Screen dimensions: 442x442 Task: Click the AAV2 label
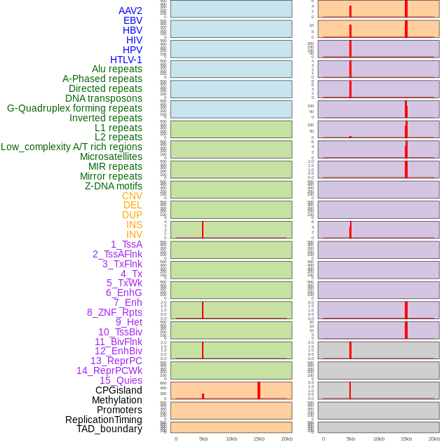[130, 11]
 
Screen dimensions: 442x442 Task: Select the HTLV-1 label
[126, 60]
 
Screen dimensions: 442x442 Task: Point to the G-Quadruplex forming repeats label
[74, 108]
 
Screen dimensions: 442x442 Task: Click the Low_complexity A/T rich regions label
[72, 147]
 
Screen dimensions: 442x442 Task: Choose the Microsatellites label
[111, 156]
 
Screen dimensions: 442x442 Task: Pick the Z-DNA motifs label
[113, 186]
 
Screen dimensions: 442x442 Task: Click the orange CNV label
[132, 196]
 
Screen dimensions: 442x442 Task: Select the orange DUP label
[132, 215]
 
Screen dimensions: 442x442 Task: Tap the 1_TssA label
[126, 244]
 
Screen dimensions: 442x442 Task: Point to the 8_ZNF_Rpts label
[114, 312]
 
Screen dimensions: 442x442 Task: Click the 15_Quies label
[121, 380]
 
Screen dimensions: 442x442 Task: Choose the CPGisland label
[119, 390]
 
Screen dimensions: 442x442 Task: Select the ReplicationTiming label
[103, 420]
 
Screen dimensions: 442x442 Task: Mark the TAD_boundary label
[109, 429]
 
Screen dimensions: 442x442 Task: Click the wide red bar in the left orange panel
[259, 390]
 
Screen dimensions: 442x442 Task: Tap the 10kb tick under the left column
[231, 438]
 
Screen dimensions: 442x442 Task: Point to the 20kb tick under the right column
[434, 438]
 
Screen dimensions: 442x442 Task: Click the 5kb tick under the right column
[350, 438]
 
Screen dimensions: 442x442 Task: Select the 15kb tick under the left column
[258, 438]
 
